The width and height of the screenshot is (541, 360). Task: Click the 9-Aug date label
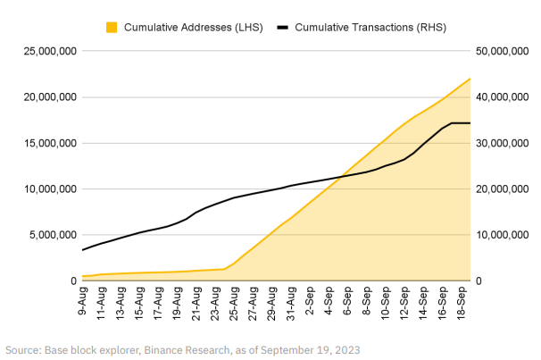tap(83, 300)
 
